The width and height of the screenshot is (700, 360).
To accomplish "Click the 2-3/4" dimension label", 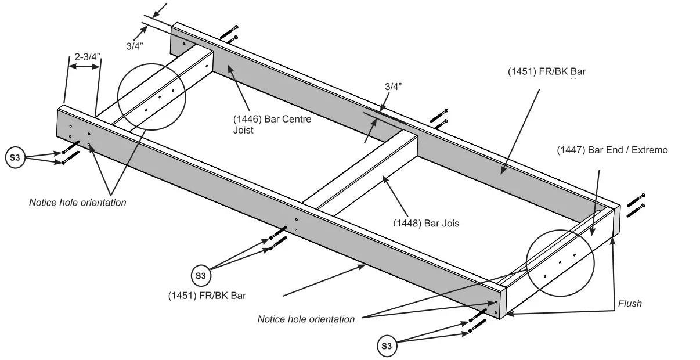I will pos(87,57).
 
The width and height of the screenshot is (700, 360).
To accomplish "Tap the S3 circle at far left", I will pos(15,158).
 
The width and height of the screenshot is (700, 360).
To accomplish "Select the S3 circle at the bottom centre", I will pos(200,275).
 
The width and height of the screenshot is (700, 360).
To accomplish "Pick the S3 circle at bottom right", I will pos(387,347).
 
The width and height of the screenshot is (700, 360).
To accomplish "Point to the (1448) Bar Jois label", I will pos(426,223).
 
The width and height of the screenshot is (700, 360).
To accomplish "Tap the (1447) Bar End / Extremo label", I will pos(612,150).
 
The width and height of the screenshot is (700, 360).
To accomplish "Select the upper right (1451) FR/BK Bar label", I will pos(547,72).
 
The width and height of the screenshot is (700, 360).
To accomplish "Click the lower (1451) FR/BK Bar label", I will pos(207,295).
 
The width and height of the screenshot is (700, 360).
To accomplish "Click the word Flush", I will pos(630,303).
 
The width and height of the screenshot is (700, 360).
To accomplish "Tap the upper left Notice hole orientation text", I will pos(77,203).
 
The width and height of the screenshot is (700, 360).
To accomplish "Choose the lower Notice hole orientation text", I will pos(306,319).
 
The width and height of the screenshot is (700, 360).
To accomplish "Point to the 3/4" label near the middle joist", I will pos(393,86).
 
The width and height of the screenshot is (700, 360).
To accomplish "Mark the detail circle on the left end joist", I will pos(151,96).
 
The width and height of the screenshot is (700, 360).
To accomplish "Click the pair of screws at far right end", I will pos(636,203).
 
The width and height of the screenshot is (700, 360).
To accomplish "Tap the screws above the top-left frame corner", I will pos(229,34).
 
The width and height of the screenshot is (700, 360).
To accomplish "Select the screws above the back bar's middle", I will pos(439,117).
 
